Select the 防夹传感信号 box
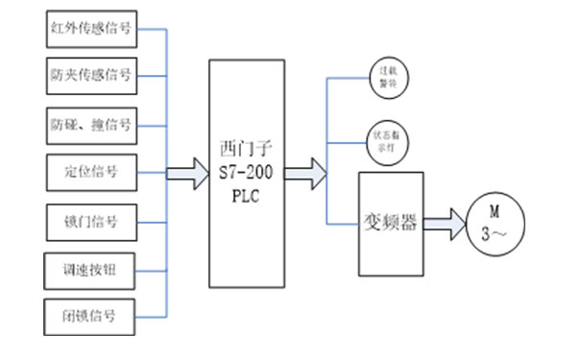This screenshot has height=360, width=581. click(x=91, y=74)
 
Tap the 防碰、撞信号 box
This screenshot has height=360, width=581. click(x=91, y=124)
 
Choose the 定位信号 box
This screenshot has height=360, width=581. click(x=91, y=173)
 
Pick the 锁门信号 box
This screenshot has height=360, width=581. click(x=91, y=222)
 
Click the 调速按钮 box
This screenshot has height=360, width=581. click(x=91, y=269)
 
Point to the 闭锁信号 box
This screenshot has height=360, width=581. click(x=91, y=316)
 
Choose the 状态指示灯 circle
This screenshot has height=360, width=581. click(x=386, y=141)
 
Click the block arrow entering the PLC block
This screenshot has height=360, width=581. click(x=188, y=174)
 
